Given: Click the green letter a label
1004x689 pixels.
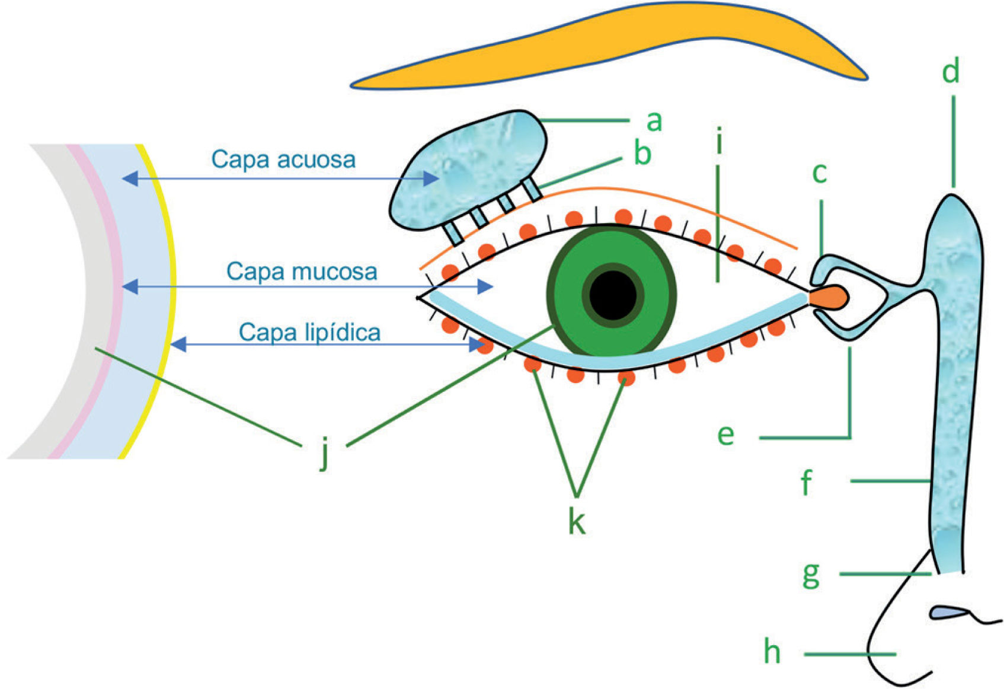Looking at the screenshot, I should click(x=654, y=121).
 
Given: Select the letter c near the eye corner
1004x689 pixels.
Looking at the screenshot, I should click(x=819, y=173).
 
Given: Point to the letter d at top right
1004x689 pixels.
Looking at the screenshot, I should click(x=951, y=72).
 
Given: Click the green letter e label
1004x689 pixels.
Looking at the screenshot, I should click(x=725, y=435).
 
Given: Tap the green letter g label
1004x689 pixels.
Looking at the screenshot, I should click(x=811, y=574).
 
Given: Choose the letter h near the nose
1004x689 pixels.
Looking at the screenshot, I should click(x=772, y=652).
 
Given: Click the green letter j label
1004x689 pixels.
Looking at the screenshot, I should click(x=324, y=454).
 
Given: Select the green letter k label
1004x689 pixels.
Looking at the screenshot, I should click(x=577, y=522).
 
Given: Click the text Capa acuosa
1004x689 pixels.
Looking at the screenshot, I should click(x=283, y=160).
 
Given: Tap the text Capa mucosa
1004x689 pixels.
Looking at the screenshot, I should click(x=302, y=272).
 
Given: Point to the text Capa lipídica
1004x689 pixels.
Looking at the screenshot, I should click(x=309, y=333).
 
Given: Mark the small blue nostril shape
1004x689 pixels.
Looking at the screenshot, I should click(x=946, y=613).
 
